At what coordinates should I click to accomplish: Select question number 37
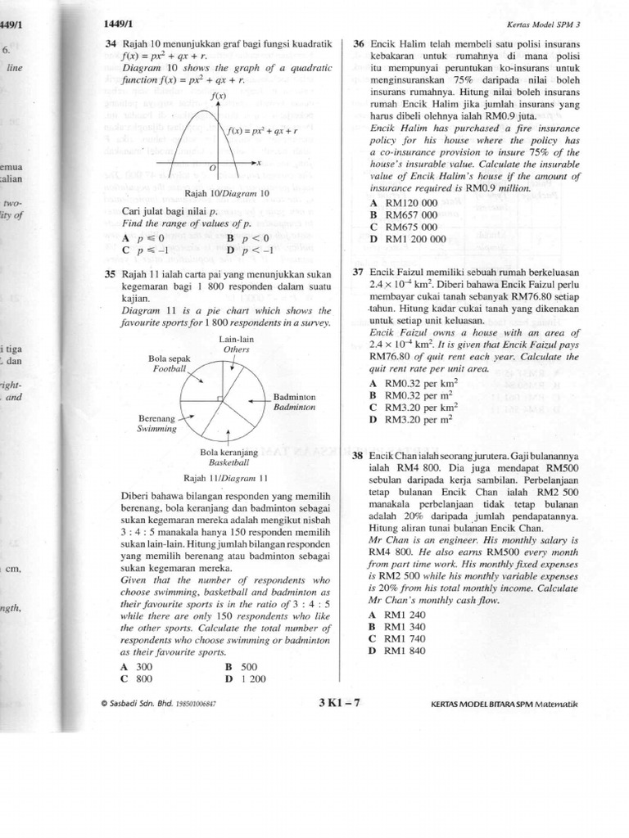tap(358, 272)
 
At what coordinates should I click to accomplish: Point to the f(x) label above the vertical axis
tap(218, 97)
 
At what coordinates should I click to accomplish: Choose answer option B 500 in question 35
tap(241, 667)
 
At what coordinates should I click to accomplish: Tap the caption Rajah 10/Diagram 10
tap(226, 194)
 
